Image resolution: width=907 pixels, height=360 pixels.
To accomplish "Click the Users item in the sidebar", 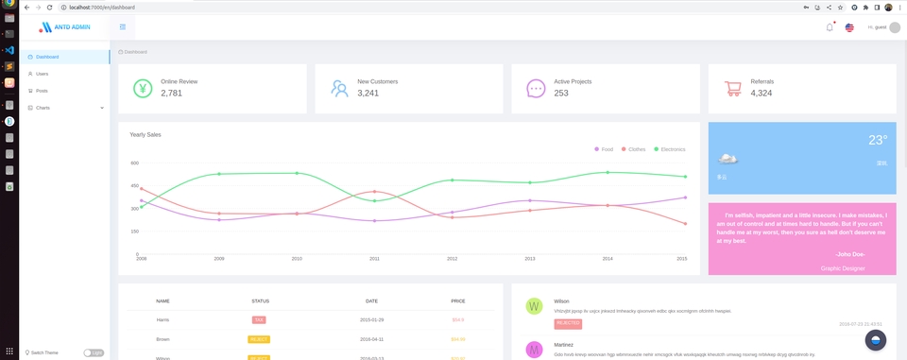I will point(42,74).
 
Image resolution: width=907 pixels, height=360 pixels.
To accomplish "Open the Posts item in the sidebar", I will point(42,91).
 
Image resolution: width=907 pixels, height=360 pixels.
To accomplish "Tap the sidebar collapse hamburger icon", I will point(123,26).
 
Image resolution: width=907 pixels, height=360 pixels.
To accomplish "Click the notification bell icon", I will point(830,27).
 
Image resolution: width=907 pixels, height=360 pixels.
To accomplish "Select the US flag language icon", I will point(849,27).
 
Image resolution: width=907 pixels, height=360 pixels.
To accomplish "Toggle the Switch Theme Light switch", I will point(94,352).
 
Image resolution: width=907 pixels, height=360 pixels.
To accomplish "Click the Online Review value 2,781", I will point(171,94).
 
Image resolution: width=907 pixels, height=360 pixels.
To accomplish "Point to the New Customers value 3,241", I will point(368,94).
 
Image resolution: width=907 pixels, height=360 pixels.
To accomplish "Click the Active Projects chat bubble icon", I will point(536,89).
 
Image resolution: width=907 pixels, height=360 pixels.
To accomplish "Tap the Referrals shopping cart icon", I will point(732,89).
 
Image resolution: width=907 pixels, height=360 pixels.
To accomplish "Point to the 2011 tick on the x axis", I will point(374,258).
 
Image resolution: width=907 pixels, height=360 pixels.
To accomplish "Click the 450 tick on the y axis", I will point(134,186).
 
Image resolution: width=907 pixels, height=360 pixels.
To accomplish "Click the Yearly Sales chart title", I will point(145,135).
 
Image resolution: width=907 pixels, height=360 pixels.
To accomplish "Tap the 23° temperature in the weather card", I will point(877,140).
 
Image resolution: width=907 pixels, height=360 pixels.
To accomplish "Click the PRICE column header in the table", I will point(458,301).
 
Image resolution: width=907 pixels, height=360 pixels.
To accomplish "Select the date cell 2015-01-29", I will point(371,320).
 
